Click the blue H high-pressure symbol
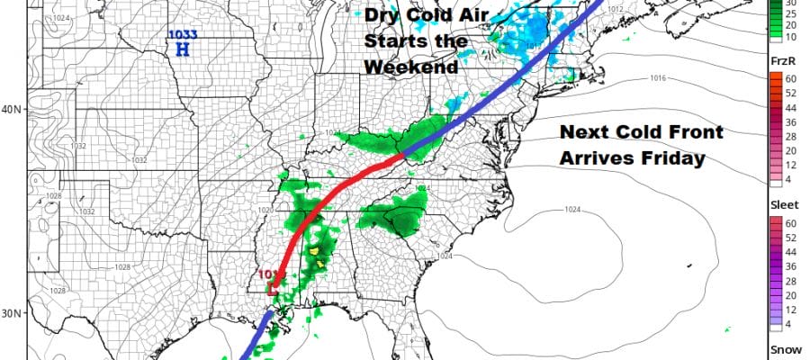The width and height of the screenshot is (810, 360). click(x=181, y=50)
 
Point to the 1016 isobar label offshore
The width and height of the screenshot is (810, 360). click(x=659, y=79)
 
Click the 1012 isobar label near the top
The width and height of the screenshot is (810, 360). click(x=616, y=9)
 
